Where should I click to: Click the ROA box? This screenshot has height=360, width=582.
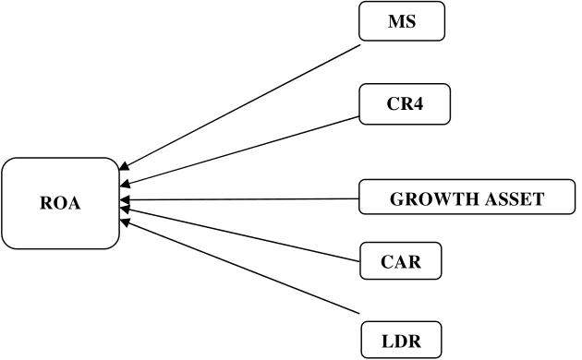pos(60,203)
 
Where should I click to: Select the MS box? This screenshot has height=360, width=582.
pos(402,21)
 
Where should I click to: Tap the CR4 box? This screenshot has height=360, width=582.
pos(405,103)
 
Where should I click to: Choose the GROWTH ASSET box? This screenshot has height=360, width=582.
pos(467,197)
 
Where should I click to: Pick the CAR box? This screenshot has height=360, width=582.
pos(401,260)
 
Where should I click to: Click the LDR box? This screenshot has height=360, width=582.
pos(401,340)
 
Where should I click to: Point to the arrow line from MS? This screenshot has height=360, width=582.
pos(240,107)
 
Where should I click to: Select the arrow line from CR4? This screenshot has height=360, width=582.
pos(239,150)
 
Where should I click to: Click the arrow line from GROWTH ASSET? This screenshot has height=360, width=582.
pos(239,199)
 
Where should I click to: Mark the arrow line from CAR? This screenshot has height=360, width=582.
pos(240,234)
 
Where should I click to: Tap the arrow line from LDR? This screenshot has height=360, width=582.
pos(240,266)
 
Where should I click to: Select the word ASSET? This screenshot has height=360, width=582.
pos(515,199)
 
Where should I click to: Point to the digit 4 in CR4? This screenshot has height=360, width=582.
pos(418,103)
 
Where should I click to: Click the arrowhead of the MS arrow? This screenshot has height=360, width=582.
pos(124,166)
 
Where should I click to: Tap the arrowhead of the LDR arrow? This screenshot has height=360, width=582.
pos(124,222)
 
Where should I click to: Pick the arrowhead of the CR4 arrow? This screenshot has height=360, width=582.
pos(125,184)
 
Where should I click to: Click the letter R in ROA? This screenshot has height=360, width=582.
pos(46,203)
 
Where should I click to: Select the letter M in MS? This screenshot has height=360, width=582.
pos(396,21)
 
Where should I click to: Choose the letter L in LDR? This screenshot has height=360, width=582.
pos(387,342)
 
